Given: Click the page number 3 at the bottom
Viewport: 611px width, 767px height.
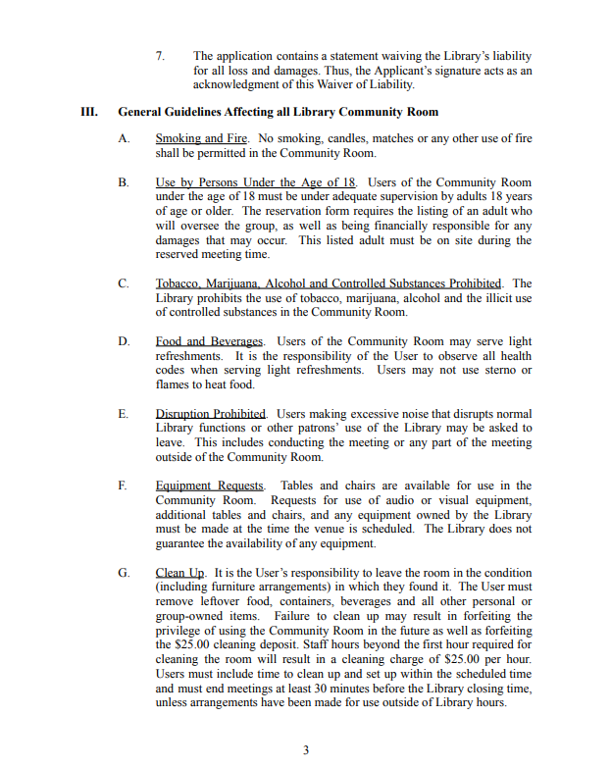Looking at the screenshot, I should [305, 750].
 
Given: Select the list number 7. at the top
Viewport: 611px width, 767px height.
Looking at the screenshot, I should [160, 57].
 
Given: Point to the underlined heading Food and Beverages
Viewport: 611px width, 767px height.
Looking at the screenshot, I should [210, 341].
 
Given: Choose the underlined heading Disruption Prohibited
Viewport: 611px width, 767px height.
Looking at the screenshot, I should [212, 414].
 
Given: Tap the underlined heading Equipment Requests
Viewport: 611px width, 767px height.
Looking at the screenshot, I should [210, 486].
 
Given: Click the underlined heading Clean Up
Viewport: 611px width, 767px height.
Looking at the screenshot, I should [180, 573].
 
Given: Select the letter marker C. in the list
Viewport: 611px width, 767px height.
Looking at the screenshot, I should [124, 283].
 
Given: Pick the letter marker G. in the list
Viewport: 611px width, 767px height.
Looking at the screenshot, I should [124, 573].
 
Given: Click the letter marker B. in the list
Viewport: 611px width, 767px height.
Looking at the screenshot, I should [124, 182].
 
